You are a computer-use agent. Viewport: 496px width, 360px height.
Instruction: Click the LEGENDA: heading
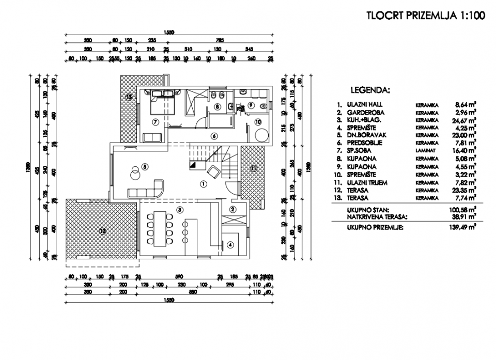[x=370, y=89]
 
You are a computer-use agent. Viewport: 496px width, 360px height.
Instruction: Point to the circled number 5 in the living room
[x=145, y=166]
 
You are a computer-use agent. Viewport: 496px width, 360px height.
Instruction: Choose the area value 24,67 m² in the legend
[x=463, y=120]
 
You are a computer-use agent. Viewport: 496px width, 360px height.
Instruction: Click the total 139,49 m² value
[x=462, y=227]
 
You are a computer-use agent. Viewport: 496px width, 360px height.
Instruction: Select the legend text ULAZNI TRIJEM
[x=368, y=183]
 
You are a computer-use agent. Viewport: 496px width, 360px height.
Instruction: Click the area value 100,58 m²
[x=462, y=211]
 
